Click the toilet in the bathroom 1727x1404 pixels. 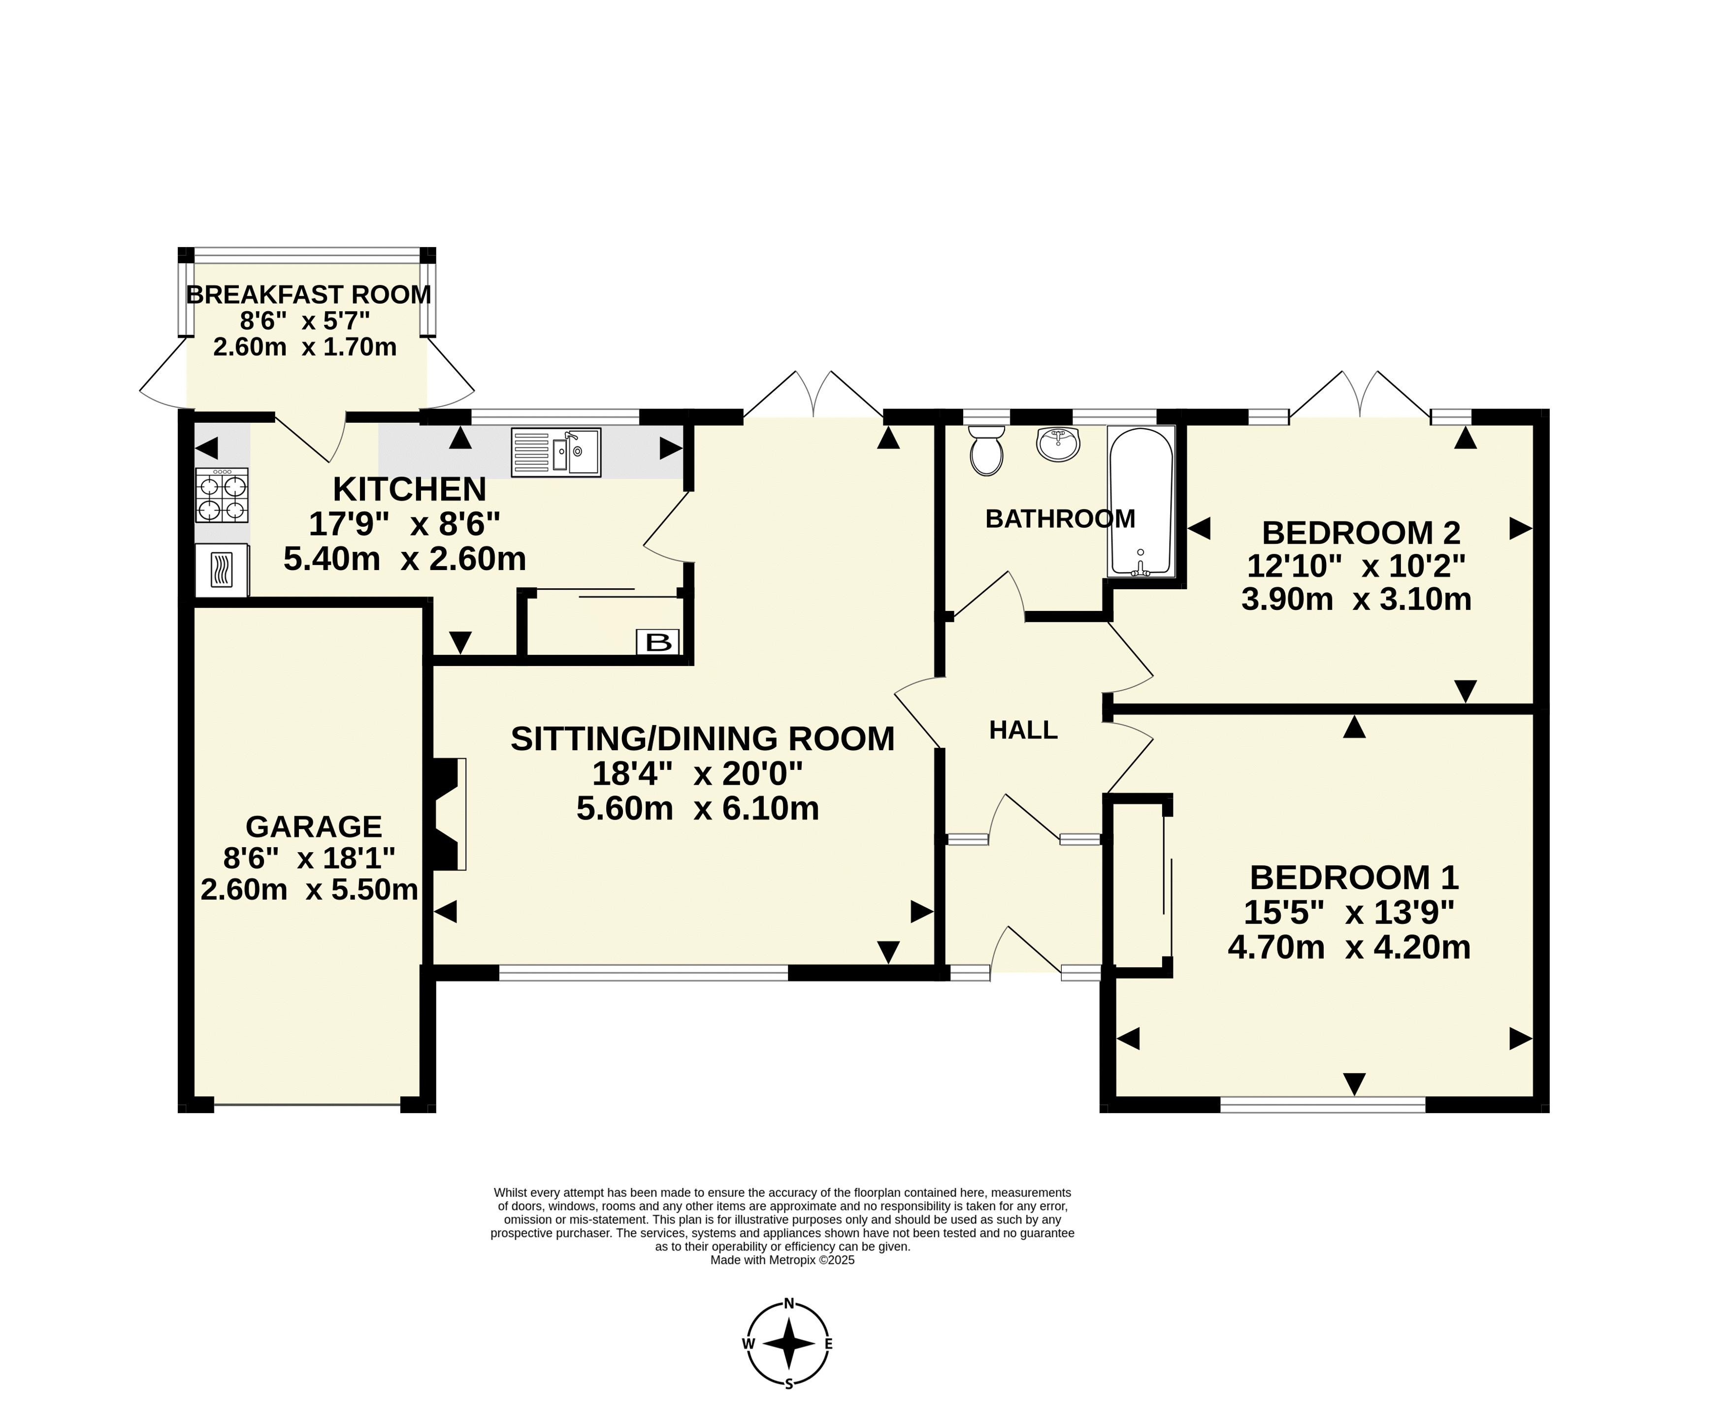(986, 450)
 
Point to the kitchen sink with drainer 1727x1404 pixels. (555, 452)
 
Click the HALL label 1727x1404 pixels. (1023, 731)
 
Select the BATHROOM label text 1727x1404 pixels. (1060, 518)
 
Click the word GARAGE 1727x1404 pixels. (314, 827)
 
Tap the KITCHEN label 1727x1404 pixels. (409, 489)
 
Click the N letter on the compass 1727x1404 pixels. (789, 1303)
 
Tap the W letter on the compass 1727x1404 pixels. (748, 1343)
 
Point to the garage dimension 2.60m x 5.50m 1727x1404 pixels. (309, 890)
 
